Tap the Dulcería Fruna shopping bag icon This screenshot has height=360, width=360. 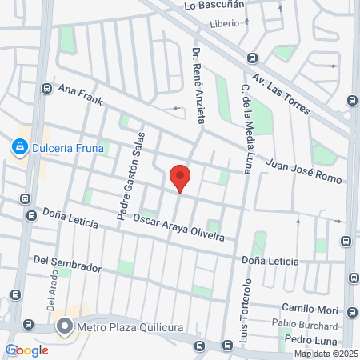click(18, 146)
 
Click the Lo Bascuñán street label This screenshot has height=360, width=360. click(214, 5)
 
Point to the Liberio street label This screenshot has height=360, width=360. click(224, 23)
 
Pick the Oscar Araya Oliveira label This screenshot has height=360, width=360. click(178, 227)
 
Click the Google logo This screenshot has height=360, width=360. click(26, 350)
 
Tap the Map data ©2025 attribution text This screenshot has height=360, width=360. click(325, 354)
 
